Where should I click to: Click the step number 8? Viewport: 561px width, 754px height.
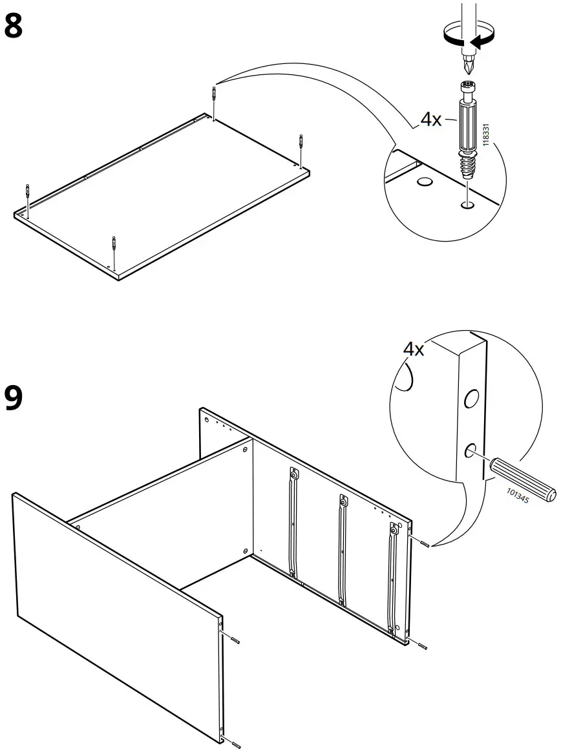14,26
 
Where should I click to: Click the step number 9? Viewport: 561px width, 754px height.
14,398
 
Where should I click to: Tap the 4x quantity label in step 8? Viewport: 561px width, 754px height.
431,120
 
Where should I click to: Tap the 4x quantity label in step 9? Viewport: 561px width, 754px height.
414,350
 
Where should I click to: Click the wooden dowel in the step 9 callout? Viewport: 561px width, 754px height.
522,477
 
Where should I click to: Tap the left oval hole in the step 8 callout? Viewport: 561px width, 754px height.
425,183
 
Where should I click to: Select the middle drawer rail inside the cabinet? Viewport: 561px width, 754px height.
341,549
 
